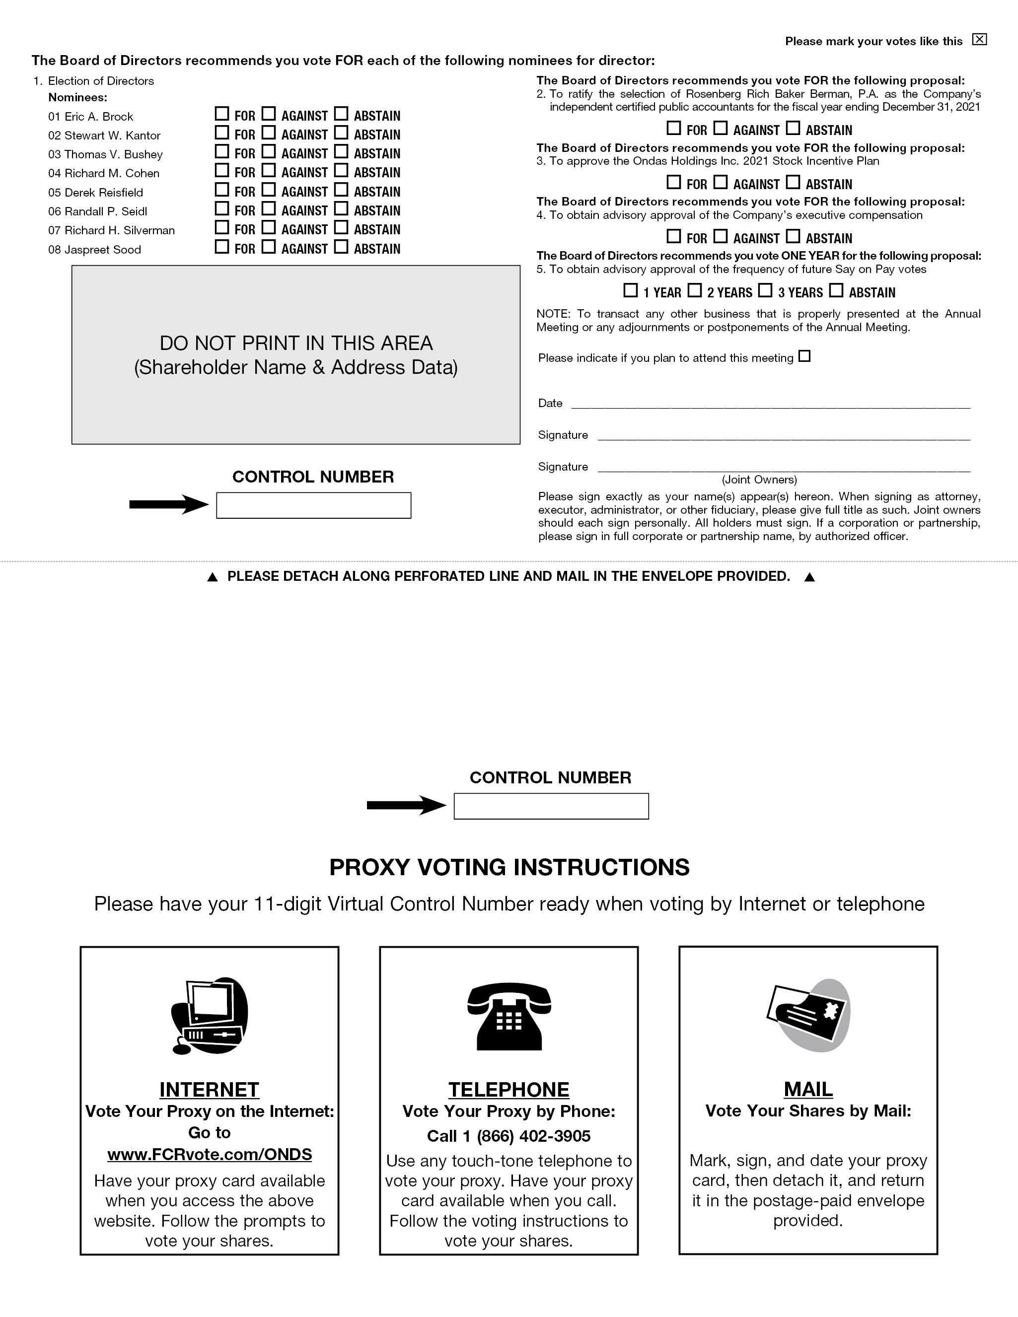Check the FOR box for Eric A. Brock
(222, 113)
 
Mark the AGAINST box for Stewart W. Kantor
(269, 132)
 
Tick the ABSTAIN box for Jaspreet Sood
(341, 247)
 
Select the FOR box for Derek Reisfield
(222, 189)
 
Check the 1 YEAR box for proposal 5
(630, 291)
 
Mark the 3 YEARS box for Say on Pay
(765, 291)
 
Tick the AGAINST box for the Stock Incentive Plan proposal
(721, 182)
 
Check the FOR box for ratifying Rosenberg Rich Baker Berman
(674, 129)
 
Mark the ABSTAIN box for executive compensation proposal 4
(793, 236)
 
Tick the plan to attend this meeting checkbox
(804, 356)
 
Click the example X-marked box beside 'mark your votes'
(980, 40)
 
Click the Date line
(770, 404)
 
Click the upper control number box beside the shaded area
(314, 505)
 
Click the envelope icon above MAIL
(808, 1016)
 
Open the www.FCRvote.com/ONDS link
(209, 1154)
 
